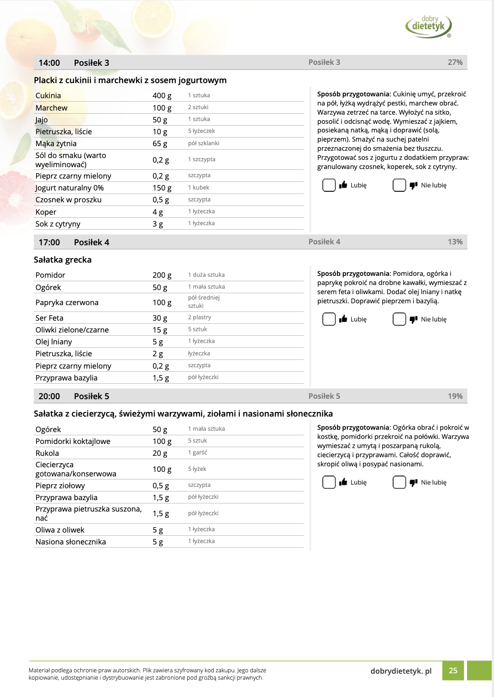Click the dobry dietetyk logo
click(428, 26)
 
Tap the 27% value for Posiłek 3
click(455, 63)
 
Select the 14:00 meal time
click(49, 63)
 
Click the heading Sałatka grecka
click(63, 260)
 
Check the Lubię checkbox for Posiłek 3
click(329, 185)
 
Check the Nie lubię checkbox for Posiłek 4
click(399, 319)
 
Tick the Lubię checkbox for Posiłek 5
click(329, 482)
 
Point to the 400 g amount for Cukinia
click(162, 95)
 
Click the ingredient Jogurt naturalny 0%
click(69, 188)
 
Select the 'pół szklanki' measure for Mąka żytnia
click(204, 143)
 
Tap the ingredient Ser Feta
click(49, 318)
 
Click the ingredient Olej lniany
click(54, 342)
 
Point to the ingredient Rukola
click(47, 453)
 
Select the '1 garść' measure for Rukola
click(197, 453)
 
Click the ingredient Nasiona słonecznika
click(71, 542)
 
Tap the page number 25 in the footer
click(453, 671)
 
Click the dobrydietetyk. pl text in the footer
click(401, 671)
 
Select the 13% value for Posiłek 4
click(455, 242)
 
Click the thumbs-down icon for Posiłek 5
click(413, 482)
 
